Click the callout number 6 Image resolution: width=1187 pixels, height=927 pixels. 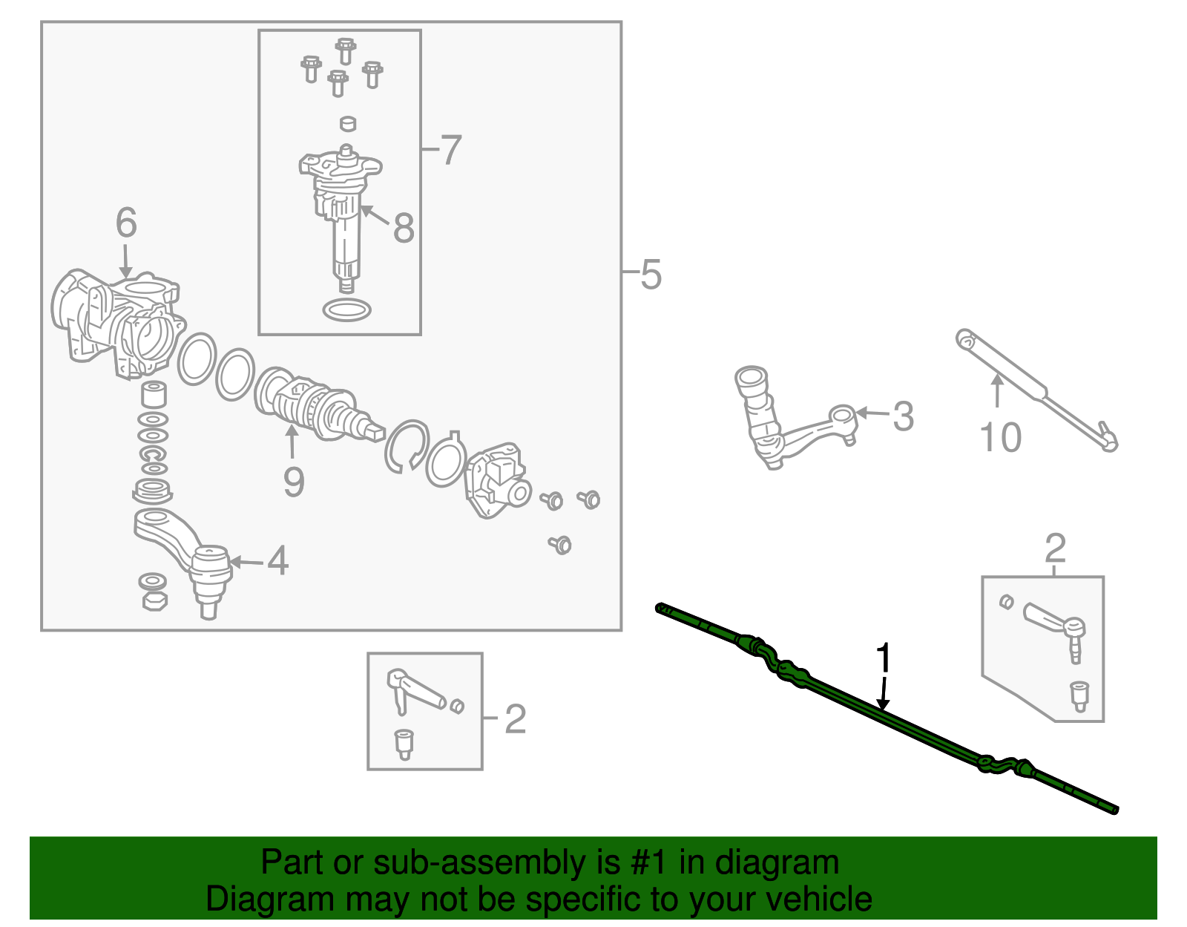pyautogui.click(x=126, y=223)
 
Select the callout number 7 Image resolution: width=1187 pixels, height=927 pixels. pyautogui.click(x=450, y=150)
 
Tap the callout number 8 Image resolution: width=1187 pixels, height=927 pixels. pyautogui.click(x=404, y=228)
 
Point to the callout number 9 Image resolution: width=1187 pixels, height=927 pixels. pyautogui.click(x=294, y=482)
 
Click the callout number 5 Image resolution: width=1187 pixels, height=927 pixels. pyautogui.click(x=651, y=274)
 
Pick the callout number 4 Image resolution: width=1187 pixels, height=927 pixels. pyautogui.click(x=278, y=560)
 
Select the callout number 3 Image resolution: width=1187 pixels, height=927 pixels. pyautogui.click(x=904, y=416)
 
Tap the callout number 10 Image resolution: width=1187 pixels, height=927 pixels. pyautogui.click(x=1001, y=438)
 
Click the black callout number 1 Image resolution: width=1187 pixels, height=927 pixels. pyautogui.click(x=884, y=658)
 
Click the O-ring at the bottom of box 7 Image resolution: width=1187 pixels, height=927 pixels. pyautogui.click(x=347, y=310)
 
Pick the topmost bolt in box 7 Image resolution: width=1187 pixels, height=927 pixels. pyautogui.click(x=345, y=50)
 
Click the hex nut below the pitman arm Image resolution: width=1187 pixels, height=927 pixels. pyautogui.click(x=154, y=601)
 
